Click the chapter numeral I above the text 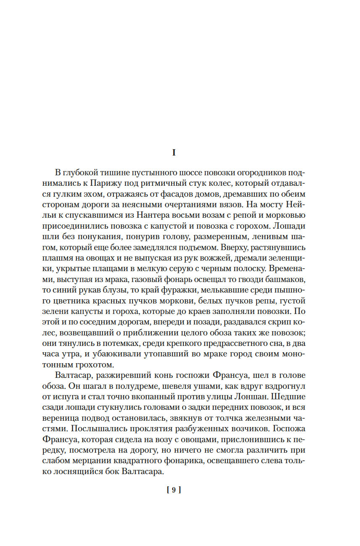click(174, 153)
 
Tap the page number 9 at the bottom click(174, 489)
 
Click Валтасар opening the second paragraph click(74, 374)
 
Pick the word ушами click(179, 385)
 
